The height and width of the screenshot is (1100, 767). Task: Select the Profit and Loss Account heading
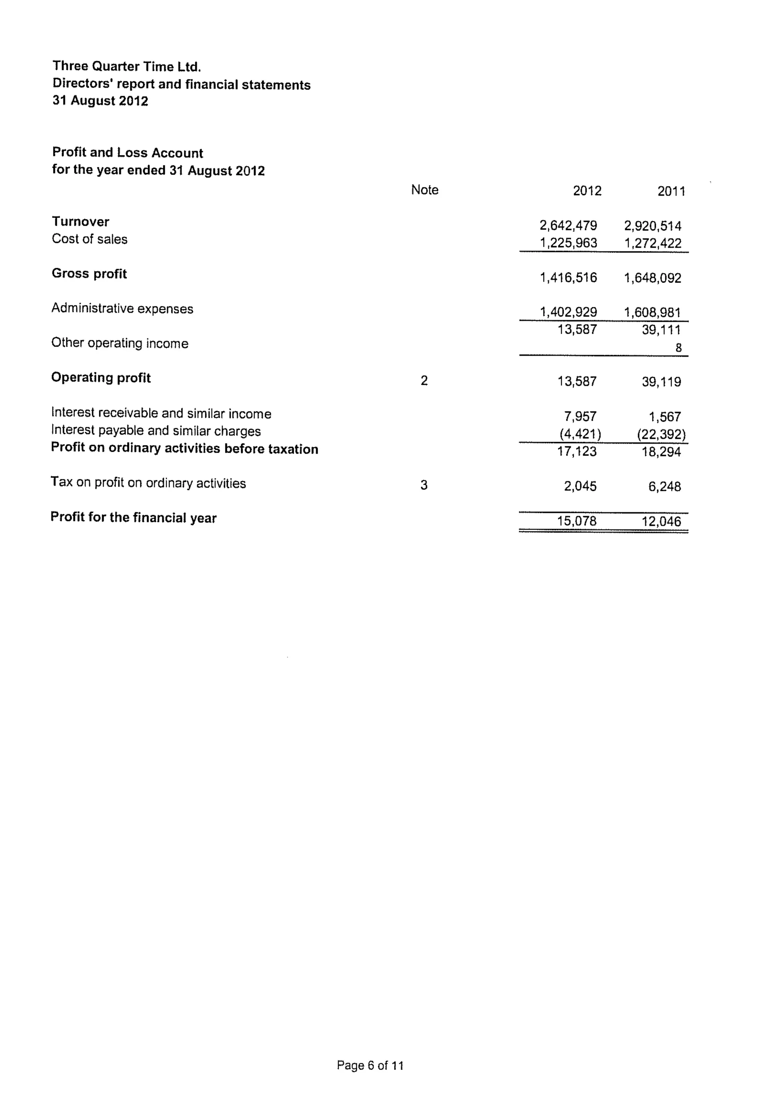coord(127,152)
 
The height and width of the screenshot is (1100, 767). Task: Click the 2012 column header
coord(586,191)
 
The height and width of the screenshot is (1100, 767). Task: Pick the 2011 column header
coord(671,191)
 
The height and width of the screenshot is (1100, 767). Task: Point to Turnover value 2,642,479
coord(568,225)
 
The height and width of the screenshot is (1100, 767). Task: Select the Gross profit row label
coord(89,274)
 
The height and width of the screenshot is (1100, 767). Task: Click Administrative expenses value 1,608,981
coord(652,312)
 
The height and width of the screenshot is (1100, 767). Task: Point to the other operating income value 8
coord(678,348)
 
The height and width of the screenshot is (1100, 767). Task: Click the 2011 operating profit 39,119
coord(661,382)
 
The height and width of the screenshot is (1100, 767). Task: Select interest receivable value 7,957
coord(580,416)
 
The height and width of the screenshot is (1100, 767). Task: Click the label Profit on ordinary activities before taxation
coord(184,448)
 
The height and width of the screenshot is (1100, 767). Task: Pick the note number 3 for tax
coord(424,485)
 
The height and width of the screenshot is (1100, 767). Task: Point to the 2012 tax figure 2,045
coord(580,486)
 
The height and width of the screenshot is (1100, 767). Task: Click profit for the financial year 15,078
coord(576,521)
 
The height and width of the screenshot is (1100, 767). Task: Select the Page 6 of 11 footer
coord(370,1066)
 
